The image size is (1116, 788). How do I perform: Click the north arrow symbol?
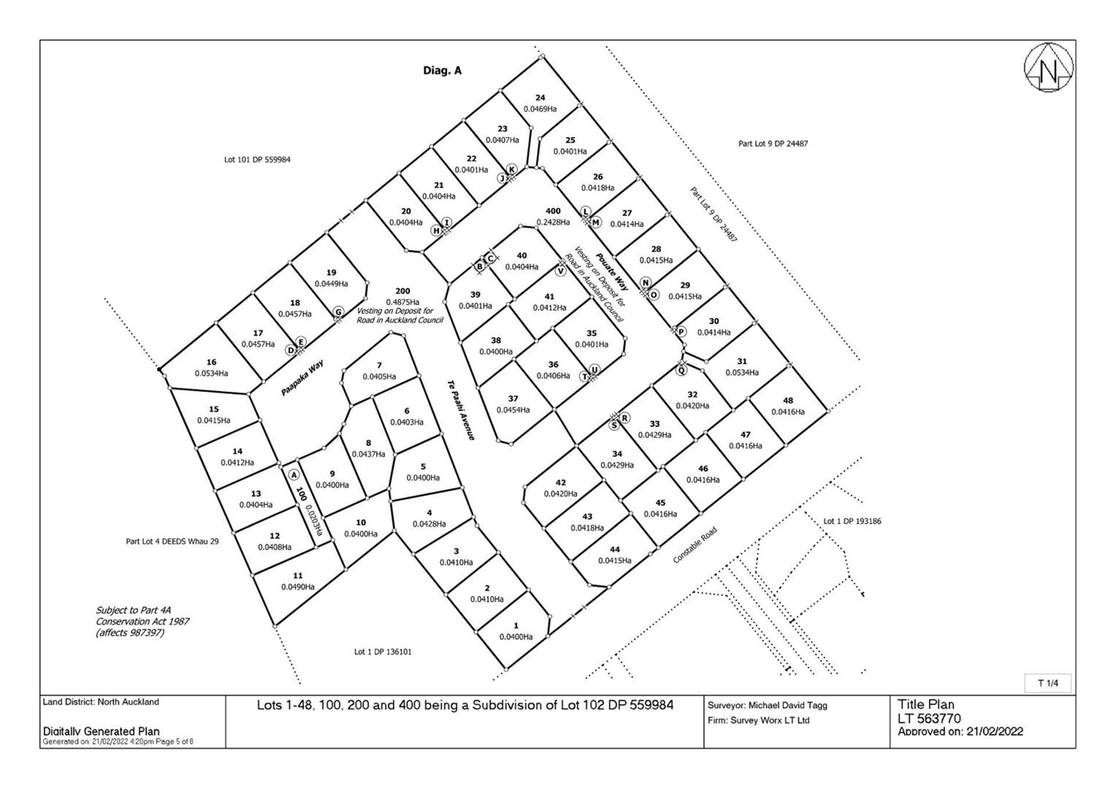coord(1048,67)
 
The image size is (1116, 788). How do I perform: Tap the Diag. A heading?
coord(442,71)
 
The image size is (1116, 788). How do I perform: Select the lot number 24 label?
coord(540,98)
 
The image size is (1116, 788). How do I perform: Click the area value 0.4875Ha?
coord(402,302)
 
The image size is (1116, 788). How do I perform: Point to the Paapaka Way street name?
coord(302,378)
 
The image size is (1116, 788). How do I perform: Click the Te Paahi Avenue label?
coord(461,410)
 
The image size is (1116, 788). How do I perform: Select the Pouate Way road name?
coord(611,272)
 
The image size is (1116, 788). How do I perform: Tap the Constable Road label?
coord(695,545)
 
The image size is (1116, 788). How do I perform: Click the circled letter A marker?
coord(294,475)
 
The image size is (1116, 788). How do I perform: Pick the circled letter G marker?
coord(338,312)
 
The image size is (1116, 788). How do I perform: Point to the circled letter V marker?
coord(560,271)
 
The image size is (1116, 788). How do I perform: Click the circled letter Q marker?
coord(682,370)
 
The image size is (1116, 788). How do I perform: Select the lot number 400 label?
coord(553,211)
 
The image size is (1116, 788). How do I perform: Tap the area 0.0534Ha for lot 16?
coord(212,373)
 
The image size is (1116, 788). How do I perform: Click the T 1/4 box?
coord(1048,683)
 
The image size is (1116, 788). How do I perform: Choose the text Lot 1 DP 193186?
coord(852,521)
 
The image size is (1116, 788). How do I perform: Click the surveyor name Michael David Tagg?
coord(788,706)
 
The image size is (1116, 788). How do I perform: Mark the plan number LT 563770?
coord(929,719)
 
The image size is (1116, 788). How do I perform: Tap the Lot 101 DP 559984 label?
coord(257,160)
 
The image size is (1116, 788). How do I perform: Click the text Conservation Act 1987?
coord(142,621)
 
